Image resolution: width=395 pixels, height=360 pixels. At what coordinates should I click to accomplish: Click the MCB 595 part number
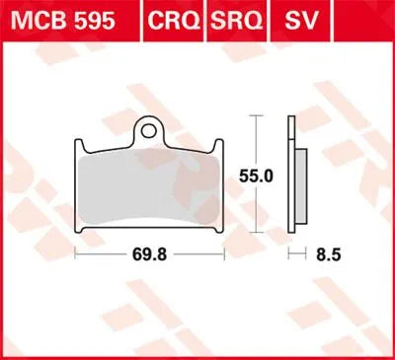tap(59, 21)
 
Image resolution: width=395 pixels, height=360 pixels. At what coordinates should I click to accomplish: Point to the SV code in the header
tap(293, 21)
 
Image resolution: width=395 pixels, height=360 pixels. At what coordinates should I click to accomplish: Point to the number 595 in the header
tap(85, 21)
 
